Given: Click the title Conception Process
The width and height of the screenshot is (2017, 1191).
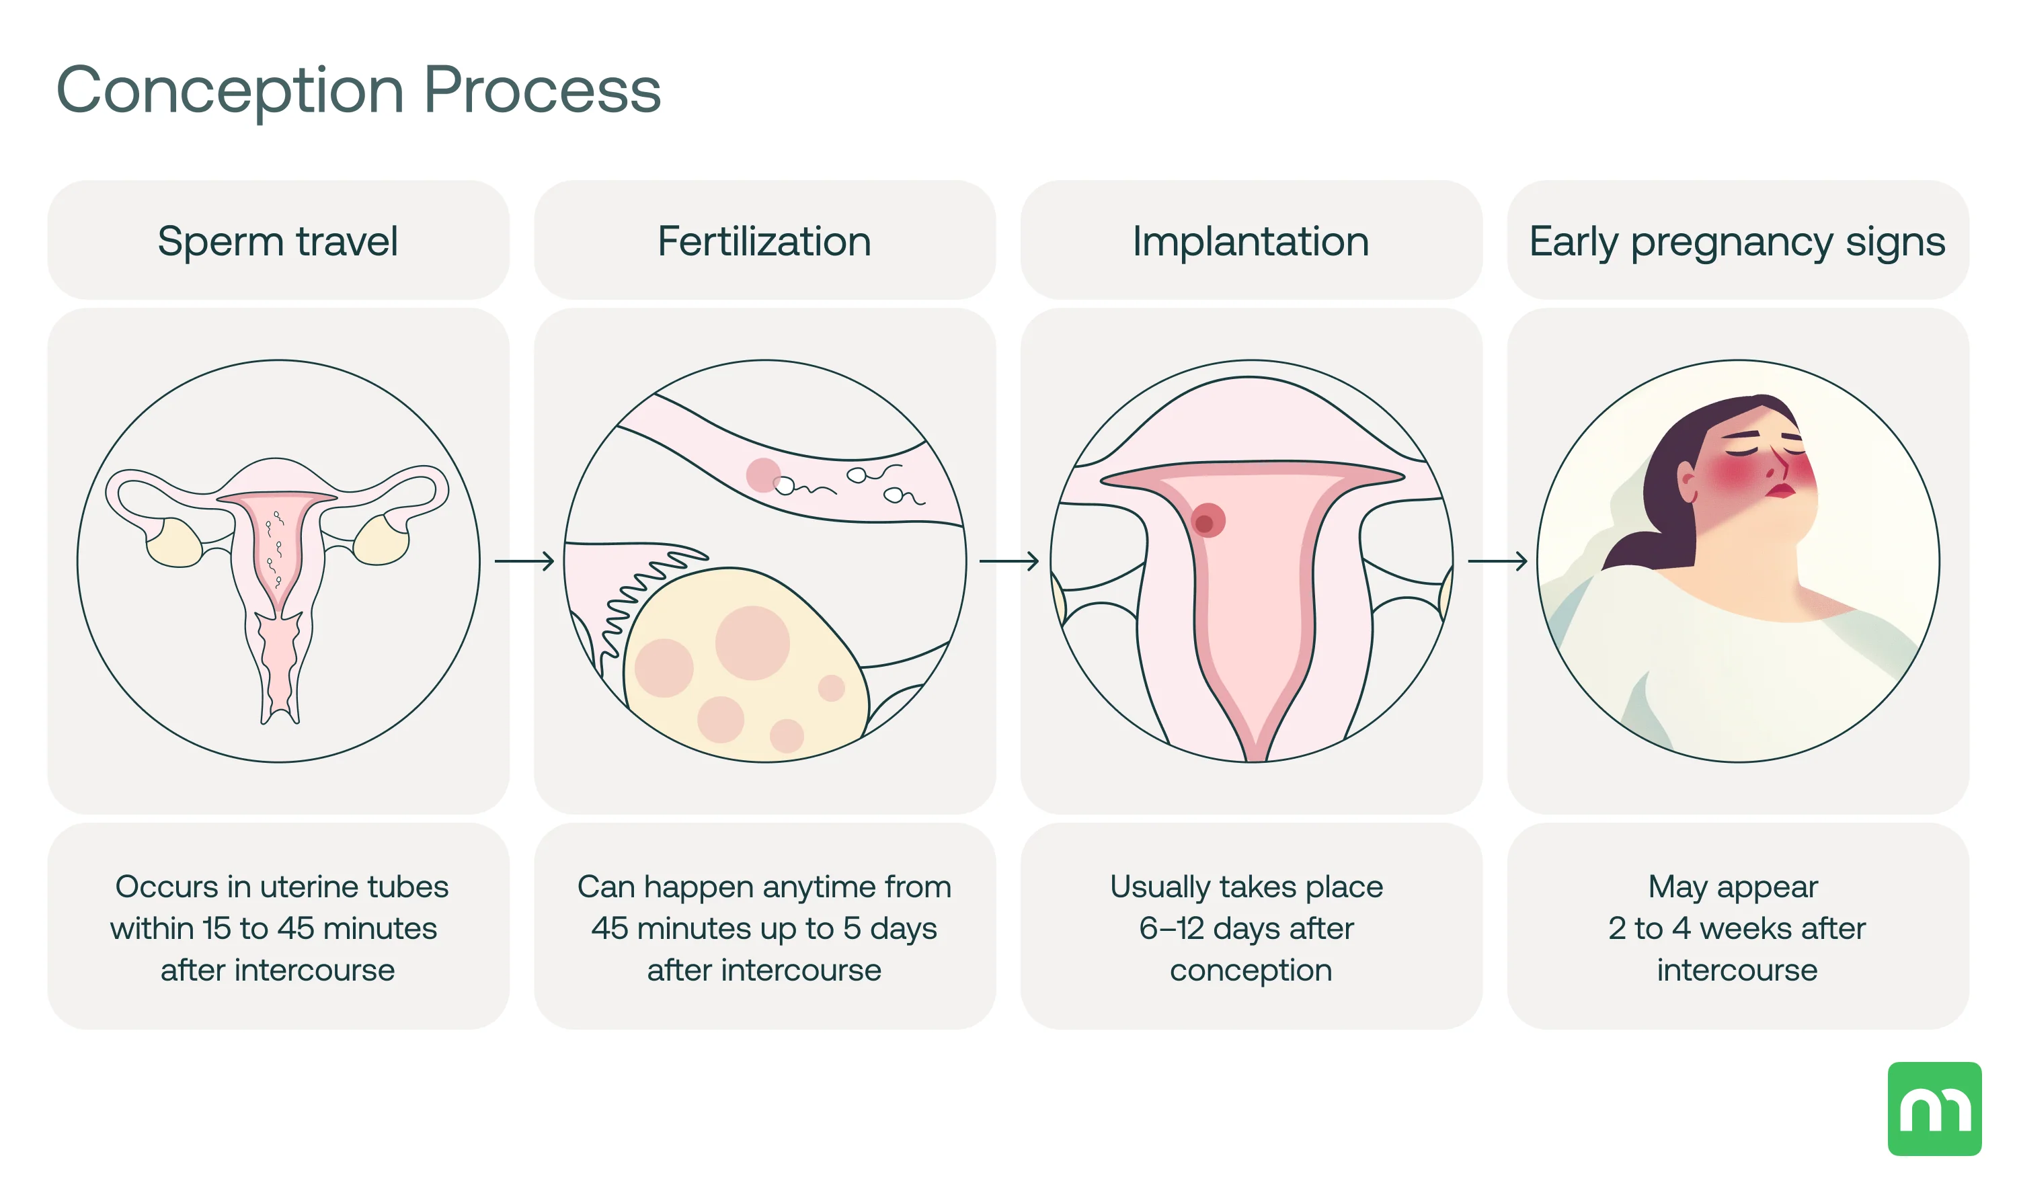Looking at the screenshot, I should pyautogui.click(x=358, y=90).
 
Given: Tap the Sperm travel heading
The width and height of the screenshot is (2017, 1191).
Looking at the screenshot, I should pyautogui.click(x=278, y=241).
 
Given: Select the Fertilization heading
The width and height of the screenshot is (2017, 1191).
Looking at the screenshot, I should pyautogui.click(x=764, y=241).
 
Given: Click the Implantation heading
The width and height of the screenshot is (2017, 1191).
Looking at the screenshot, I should pyautogui.click(x=1251, y=241).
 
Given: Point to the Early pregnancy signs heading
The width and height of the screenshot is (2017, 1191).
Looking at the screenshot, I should pyautogui.click(x=1737, y=241).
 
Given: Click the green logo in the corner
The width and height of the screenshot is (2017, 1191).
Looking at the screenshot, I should pyautogui.click(x=1934, y=1108).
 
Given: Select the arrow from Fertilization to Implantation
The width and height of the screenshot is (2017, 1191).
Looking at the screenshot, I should pyautogui.click(x=1009, y=561).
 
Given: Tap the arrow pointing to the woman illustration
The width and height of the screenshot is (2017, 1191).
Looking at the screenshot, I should pyautogui.click(x=1497, y=561).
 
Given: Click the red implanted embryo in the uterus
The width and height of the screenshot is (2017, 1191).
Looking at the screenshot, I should pyautogui.click(x=1206, y=521).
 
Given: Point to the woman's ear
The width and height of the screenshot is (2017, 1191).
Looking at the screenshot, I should pyautogui.click(x=1687, y=485).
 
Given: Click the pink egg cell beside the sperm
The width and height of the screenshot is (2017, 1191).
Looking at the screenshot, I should pyautogui.click(x=762, y=475).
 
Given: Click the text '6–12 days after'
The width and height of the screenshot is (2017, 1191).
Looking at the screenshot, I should pyautogui.click(x=1247, y=929).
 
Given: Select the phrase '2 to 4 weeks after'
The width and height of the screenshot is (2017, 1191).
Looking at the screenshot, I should pyautogui.click(x=1737, y=929).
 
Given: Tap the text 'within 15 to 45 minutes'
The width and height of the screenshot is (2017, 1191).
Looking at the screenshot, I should pyautogui.click(x=274, y=929).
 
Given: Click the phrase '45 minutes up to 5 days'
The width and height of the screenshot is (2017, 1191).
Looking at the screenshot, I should pyautogui.click(x=764, y=929).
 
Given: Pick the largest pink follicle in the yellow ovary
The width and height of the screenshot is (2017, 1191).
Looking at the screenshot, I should pyautogui.click(x=752, y=643).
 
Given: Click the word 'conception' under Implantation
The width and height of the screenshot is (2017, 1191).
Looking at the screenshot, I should pyautogui.click(x=1251, y=971).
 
